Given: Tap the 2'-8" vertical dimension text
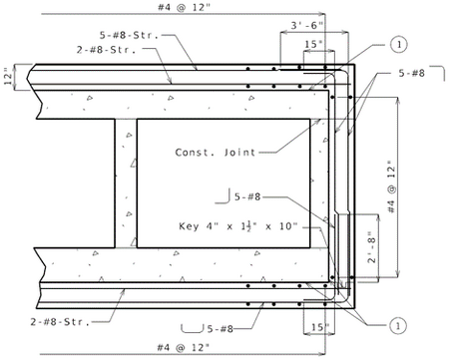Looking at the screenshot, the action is (371, 247).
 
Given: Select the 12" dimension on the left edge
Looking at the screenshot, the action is (8, 77).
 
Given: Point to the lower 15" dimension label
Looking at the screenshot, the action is (319, 327).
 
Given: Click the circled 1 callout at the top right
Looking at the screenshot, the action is (399, 44).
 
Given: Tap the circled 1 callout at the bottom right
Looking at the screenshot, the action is (398, 325).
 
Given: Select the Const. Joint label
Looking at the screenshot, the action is (216, 153).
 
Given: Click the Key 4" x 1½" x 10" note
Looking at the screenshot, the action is (238, 226).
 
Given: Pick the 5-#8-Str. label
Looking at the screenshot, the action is (130, 35).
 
